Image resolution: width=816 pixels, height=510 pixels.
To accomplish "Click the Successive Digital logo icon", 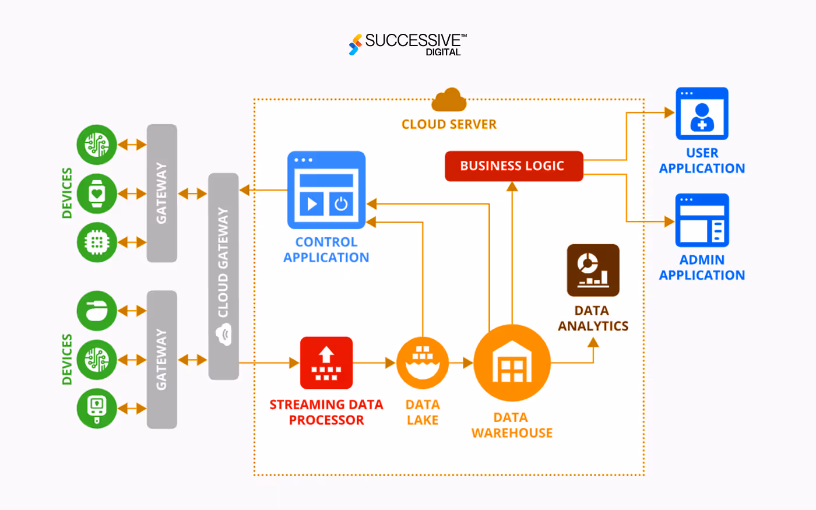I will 355,45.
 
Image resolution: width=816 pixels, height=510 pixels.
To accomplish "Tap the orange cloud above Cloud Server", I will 449,100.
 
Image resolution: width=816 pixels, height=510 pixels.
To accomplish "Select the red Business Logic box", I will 513,166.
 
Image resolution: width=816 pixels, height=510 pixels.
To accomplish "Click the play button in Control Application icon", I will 312,203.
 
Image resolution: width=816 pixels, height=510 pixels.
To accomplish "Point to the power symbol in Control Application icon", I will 341,203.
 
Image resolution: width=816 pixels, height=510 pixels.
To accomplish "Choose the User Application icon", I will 702,114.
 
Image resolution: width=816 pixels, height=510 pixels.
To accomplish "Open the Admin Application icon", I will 702,221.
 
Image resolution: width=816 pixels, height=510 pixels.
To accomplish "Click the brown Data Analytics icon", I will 593,270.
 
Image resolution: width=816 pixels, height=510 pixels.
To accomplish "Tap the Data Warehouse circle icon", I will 512,363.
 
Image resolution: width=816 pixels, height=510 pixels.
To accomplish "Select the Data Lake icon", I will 423,363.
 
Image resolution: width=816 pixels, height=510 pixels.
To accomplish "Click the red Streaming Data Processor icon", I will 326,363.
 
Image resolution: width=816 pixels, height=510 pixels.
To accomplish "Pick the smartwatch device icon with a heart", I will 97,193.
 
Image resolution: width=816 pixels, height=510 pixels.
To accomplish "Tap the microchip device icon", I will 97,242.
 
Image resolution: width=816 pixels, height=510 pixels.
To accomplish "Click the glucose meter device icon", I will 97,408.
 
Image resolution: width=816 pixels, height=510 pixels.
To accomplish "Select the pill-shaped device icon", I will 97,311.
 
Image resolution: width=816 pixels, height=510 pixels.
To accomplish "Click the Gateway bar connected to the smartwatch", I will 161,193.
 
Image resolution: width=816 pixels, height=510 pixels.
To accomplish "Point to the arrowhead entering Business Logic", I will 512,187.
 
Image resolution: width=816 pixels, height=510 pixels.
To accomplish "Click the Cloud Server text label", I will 449,124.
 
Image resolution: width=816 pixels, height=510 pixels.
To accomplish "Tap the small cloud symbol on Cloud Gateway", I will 223,335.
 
